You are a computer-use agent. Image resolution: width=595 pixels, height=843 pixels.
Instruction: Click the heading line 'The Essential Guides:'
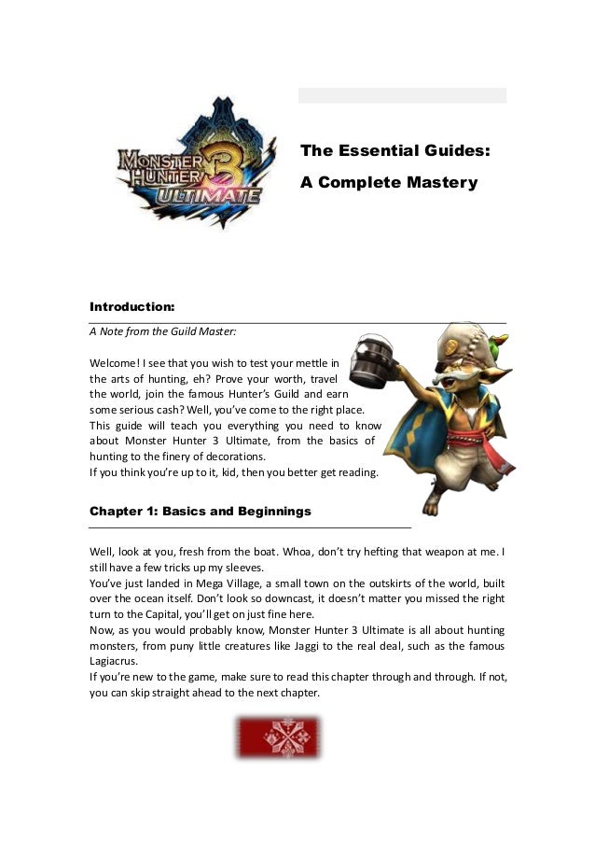pos(395,149)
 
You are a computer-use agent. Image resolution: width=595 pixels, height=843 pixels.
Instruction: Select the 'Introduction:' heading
pos(131,305)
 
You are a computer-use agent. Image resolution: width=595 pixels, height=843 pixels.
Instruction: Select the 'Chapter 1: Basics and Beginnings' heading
pos(200,512)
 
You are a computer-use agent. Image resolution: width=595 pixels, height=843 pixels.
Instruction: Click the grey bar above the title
pos(402,95)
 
